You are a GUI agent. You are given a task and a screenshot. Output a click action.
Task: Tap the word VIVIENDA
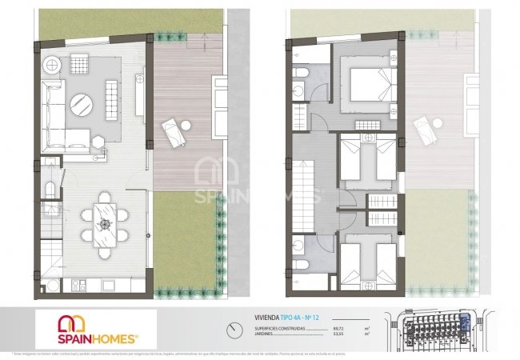pos(267,318)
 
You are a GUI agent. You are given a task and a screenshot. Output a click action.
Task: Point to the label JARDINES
pos(266,334)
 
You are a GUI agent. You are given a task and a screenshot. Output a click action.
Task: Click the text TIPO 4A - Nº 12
pos(304,318)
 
